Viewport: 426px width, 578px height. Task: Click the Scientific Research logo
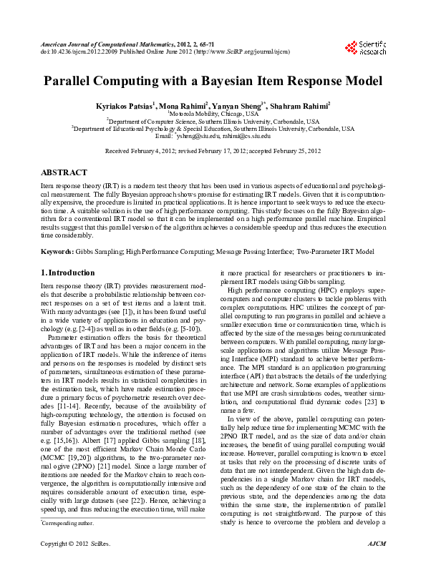365,48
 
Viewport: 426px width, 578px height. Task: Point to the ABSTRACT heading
64,173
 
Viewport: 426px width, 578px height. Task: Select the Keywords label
57,252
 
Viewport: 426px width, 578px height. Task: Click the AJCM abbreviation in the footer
377,565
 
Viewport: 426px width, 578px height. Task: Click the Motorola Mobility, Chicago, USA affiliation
214,114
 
